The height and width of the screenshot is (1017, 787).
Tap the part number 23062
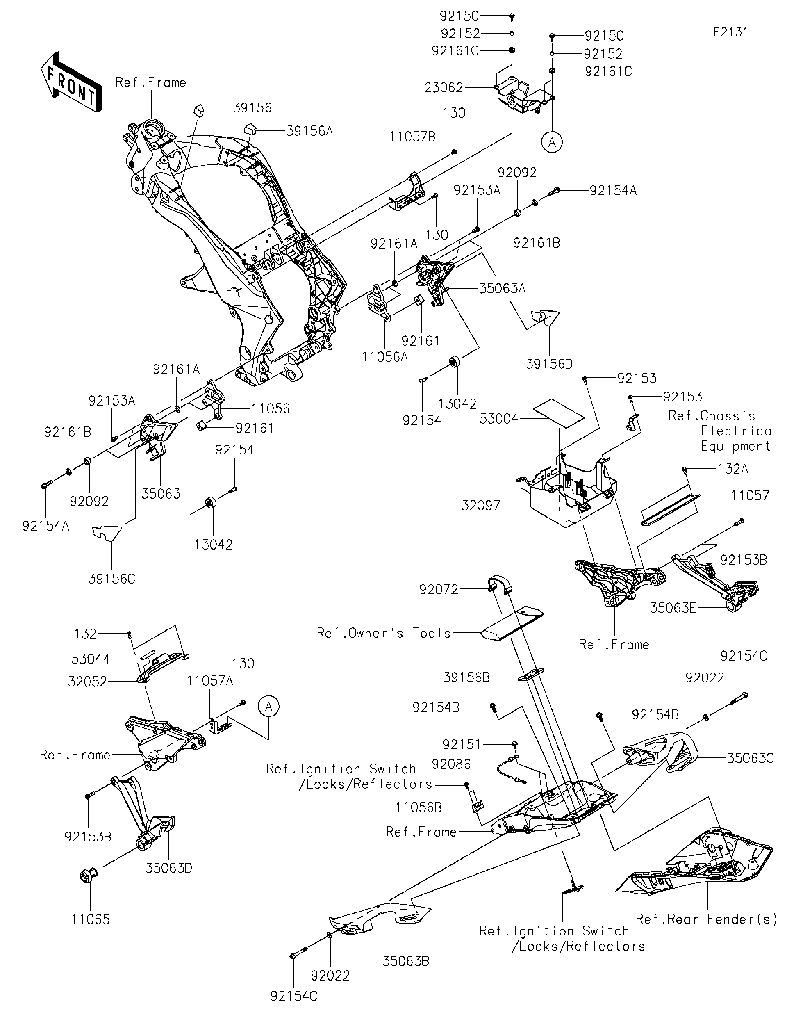click(x=443, y=87)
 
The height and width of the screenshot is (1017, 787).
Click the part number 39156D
click(x=549, y=364)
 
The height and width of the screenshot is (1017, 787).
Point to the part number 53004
click(x=498, y=419)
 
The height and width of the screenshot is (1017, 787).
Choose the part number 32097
click(x=481, y=505)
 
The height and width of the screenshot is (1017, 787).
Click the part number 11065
click(x=90, y=919)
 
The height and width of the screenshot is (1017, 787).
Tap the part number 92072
click(x=439, y=590)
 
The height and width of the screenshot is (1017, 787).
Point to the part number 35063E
click(x=673, y=608)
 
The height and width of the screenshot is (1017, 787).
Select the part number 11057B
click(x=412, y=137)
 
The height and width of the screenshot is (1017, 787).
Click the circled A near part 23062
click(x=552, y=142)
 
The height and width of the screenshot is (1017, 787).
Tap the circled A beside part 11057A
click(x=268, y=707)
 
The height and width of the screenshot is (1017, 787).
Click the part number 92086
click(x=451, y=764)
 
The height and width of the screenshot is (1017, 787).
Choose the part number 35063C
click(x=750, y=759)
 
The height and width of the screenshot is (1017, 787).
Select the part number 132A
click(x=732, y=469)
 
